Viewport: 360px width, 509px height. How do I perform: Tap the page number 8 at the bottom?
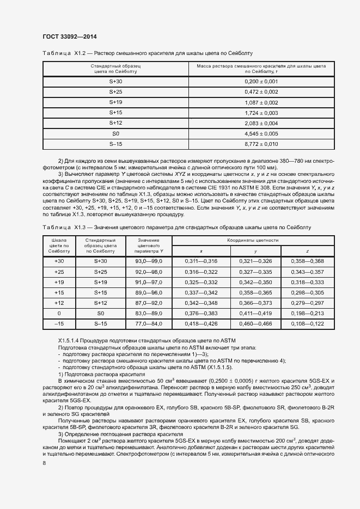click(x=44, y=463)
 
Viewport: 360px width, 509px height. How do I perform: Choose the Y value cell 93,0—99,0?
click(x=149, y=262)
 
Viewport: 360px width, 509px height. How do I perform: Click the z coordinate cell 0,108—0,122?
click(x=307, y=324)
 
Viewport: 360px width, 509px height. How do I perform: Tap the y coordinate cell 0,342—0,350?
click(x=255, y=283)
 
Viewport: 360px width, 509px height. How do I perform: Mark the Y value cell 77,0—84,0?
click(x=149, y=324)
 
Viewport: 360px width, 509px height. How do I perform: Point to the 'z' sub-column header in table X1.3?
click(x=307, y=251)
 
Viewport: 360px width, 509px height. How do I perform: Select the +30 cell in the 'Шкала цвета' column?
click(x=59, y=262)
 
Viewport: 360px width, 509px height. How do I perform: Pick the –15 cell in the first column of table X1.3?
click(x=59, y=324)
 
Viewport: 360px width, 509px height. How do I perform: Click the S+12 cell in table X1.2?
click(x=116, y=123)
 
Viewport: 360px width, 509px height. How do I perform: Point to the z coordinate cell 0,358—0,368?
click(x=307, y=262)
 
